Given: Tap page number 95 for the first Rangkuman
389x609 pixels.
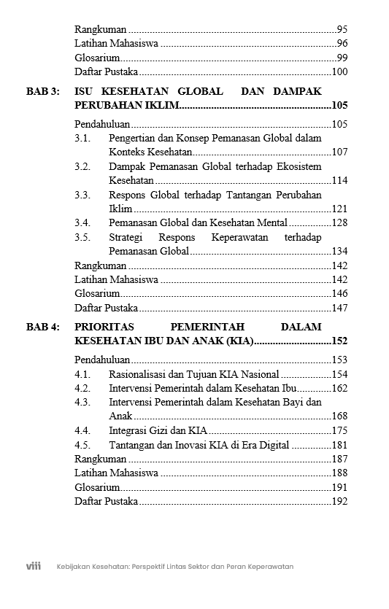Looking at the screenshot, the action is [342, 30].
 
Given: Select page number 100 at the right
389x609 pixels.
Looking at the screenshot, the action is [339, 71].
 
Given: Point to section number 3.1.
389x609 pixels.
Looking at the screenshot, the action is [82, 138].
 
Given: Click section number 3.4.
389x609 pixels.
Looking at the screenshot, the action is [82, 222].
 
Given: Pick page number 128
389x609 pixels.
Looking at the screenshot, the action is [339, 222].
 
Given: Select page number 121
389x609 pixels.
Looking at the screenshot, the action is [339, 209].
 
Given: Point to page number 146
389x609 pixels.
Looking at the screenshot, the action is [339, 293].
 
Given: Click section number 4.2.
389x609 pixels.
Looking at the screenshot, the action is [82, 388].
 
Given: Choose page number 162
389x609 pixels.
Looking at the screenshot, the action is [339, 388].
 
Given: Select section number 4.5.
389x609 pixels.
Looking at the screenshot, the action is [82, 445].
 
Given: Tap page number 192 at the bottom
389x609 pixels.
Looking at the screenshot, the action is [339, 501].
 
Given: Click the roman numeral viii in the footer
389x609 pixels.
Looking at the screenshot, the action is [33, 566].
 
